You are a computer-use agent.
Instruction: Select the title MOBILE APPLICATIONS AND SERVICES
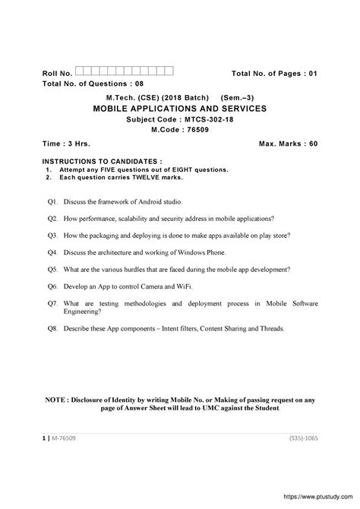click(179, 108)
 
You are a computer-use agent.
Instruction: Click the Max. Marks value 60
click(312, 143)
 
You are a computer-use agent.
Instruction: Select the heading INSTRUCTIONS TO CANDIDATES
click(101, 162)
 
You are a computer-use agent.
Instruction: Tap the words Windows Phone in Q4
click(201, 251)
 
